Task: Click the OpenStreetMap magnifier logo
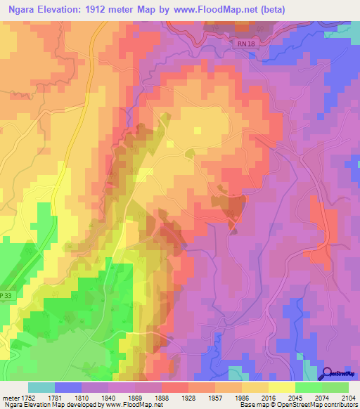point(328,373)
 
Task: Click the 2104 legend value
point(348,398)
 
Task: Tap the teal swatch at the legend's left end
point(41,387)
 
